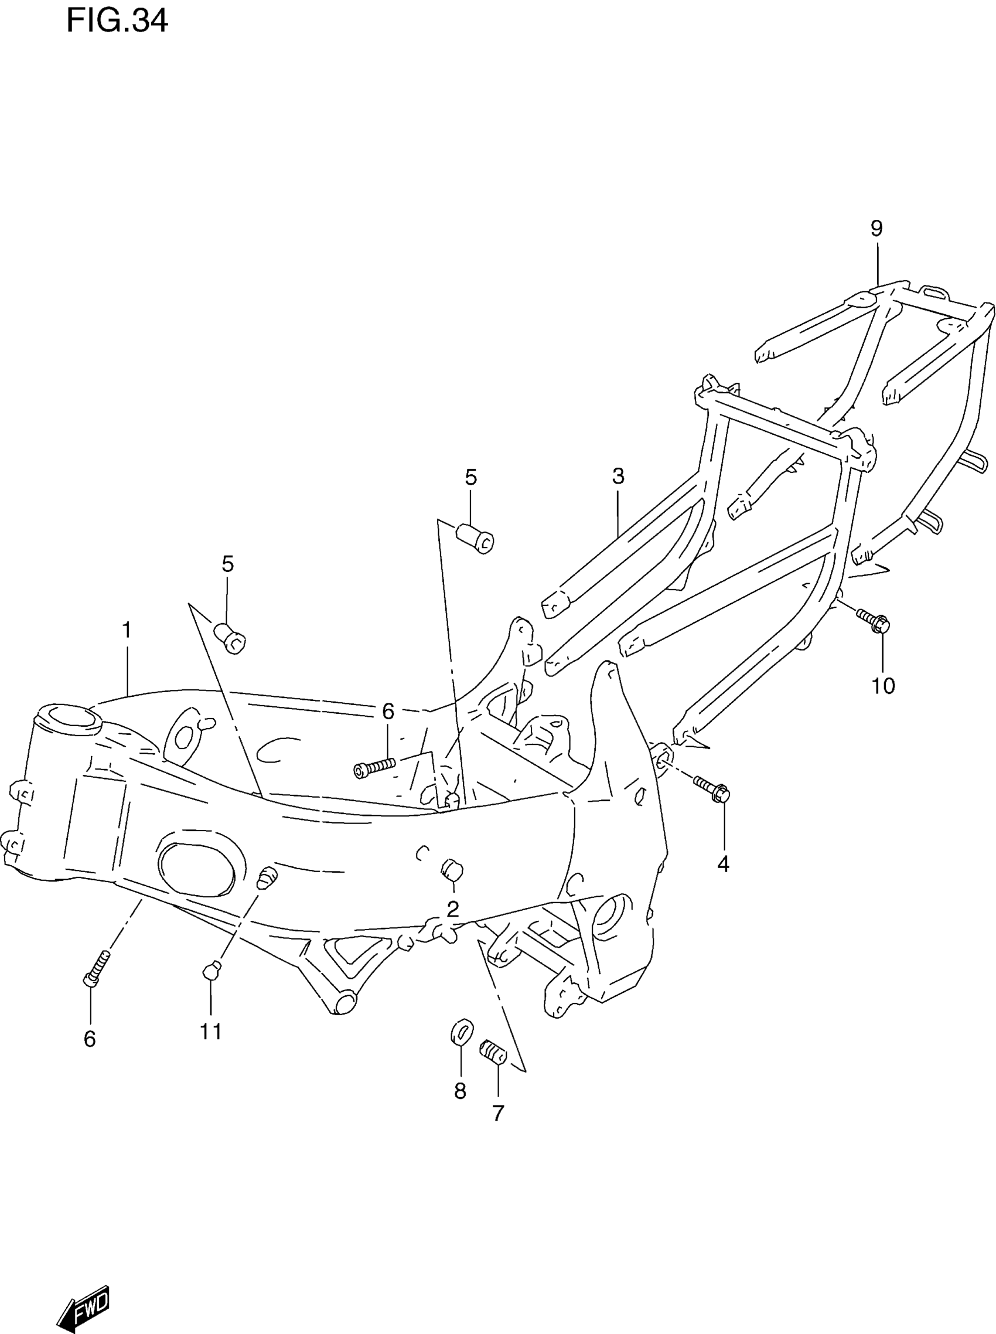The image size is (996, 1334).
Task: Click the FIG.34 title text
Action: coord(117,22)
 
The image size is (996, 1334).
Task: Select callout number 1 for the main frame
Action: coord(127,631)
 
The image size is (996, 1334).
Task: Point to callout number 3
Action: coord(618,477)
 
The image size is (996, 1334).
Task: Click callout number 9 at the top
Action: coord(876,229)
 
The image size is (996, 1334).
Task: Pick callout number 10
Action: coord(884,686)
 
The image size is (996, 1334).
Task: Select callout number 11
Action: coord(211,1032)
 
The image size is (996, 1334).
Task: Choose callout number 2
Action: coord(453,908)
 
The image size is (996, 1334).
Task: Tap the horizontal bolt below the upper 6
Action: coord(374,767)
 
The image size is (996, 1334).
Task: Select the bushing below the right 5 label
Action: coord(476,537)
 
